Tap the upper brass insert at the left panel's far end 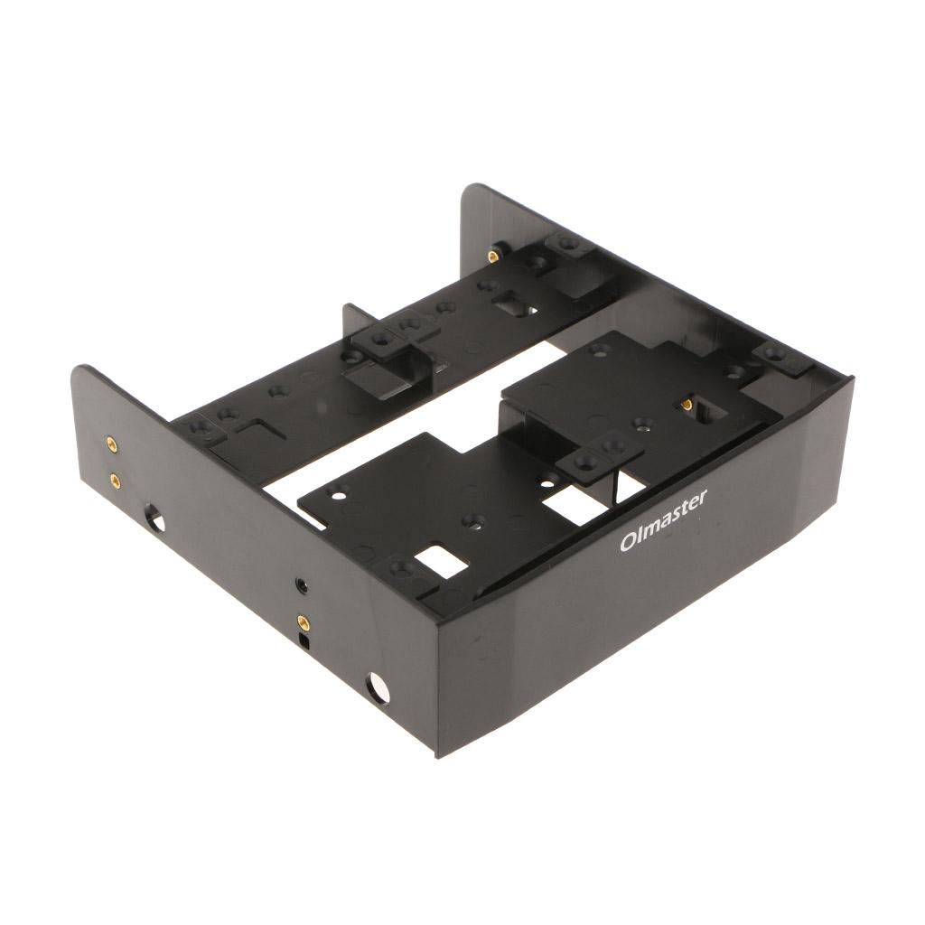[112, 443]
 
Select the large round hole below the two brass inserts [155, 520]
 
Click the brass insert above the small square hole [304, 621]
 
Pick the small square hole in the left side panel [305, 642]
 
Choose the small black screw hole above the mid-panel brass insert [301, 585]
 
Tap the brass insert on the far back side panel [493, 257]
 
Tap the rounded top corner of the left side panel [84, 369]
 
